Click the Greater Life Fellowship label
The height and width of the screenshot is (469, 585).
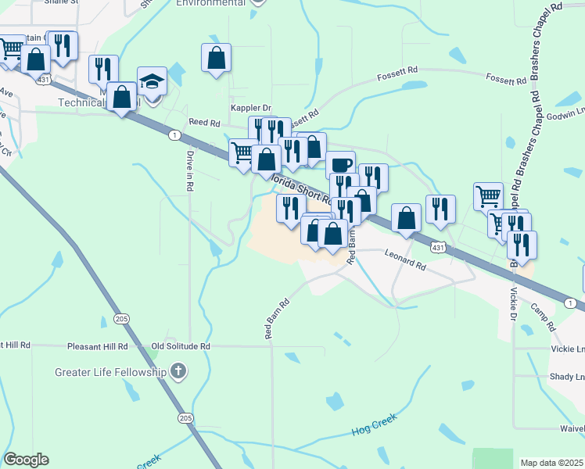click(x=110, y=372)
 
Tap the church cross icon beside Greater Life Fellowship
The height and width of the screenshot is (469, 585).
click(x=178, y=371)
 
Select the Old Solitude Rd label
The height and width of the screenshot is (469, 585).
click(x=181, y=345)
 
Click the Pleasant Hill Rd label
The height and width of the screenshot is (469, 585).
click(x=97, y=345)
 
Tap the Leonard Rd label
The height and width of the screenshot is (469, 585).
click(x=405, y=260)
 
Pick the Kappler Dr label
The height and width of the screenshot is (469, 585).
click(x=250, y=108)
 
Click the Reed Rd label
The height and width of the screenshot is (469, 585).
click(x=204, y=123)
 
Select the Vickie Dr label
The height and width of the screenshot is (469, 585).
click(x=513, y=304)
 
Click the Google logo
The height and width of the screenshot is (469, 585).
click(x=26, y=460)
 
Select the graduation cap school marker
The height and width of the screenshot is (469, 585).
click(x=152, y=81)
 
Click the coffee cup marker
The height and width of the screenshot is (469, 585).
click(x=340, y=165)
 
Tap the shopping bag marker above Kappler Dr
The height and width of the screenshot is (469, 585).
click(x=216, y=58)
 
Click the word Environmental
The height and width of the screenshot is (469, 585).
click(x=210, y=3)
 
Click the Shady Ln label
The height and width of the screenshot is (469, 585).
click(x=567, y=377)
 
